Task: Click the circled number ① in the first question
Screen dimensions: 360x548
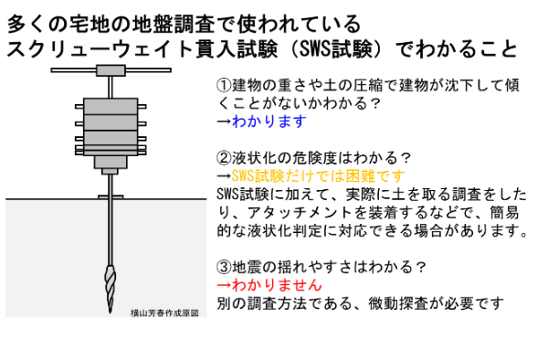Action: click(x=225, y=84)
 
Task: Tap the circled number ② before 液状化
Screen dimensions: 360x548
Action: click(x=225, y=156)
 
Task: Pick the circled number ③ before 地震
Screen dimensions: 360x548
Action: click(x=225, y=266)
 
